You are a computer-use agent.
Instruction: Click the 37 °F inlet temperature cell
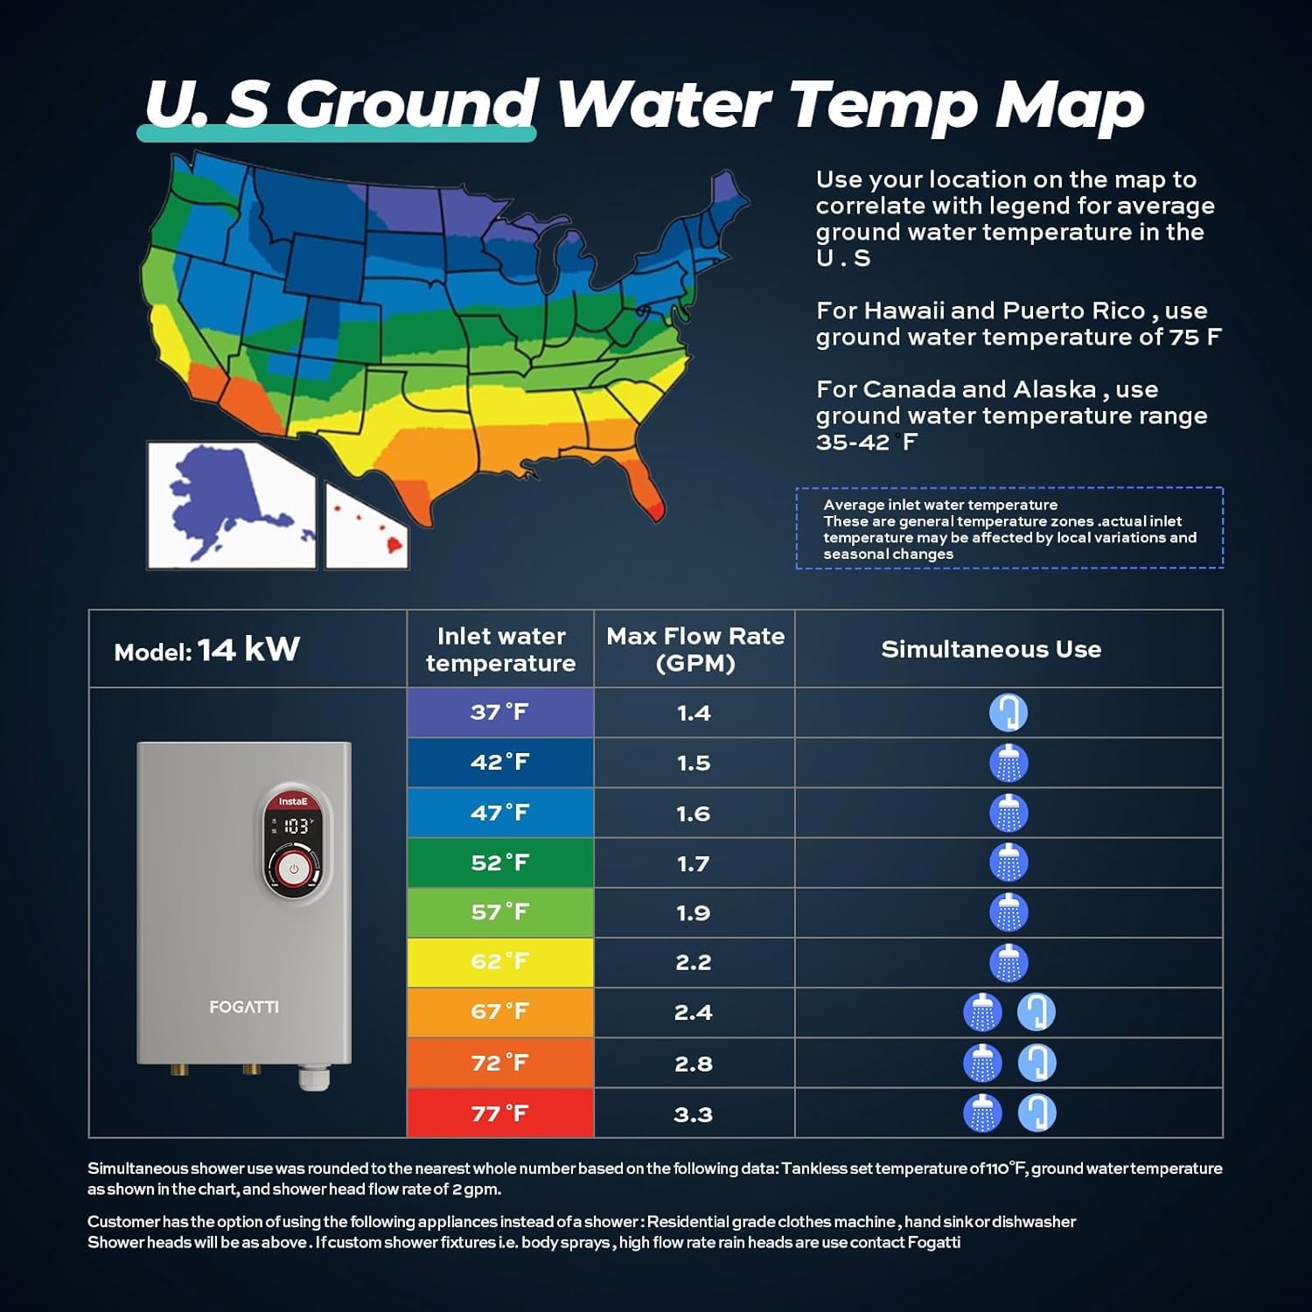pyautogui.click(x=499, y=712)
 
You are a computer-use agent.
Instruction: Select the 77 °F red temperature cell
pyautogui.click(x=499, y=1113)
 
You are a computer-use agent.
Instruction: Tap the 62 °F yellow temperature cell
pyautogui.click(x=499, y=962)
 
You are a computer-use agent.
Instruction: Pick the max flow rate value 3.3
pyautogui.click(x=694, y=1114)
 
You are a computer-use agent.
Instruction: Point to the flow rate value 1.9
pyautogui.click(x=694, y=913)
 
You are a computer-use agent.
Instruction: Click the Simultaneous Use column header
pyautogui.click(x=991, y=649)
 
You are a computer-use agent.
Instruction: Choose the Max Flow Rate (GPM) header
pyautogui.click(x=695, y=649)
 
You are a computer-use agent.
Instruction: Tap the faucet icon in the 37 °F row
pyautogui.click(x=1008, y=712)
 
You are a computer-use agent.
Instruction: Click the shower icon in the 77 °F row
pyautogui.click(x=982, y=1113)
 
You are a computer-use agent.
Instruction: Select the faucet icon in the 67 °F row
pyautogui.click(x=1036, y=1012)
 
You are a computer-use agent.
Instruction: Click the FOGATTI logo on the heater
pyautogui.click(x=244, y=1008)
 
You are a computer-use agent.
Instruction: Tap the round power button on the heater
pyautogui.click(x=294, y=869)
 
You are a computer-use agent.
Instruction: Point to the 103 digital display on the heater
pyautogui.click(x=296, y=826)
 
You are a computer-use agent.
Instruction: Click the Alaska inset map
pyautogui.click(x=231, y=506)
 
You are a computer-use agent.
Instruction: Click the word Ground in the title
pyautogui.click(x=411, y=105)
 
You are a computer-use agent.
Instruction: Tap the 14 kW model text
pyautogui.click(x=248, y=649)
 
